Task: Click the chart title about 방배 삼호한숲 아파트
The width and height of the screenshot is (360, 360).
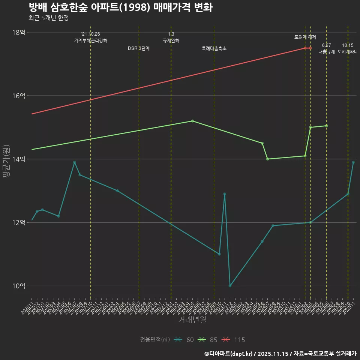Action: coord(120,7)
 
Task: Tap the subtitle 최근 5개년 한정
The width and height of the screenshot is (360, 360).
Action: coord(48,18)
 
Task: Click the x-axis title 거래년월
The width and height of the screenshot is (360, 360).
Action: coord(192,319)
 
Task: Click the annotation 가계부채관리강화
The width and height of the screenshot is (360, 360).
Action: coord(90,40)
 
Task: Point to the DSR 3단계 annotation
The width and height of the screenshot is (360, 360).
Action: coord(139,48)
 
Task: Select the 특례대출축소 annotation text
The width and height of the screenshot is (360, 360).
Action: coord(214,48)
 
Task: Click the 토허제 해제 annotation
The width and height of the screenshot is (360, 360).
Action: coord(305,37)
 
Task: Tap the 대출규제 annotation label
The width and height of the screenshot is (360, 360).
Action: coord(326,52)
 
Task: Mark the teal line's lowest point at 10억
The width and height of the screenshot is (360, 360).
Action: coord(230,286)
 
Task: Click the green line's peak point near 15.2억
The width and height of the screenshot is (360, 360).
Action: coord(192,121)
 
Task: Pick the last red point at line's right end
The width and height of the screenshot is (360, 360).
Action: coord(310,48)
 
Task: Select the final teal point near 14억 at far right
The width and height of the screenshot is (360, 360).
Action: coord(353,162)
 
